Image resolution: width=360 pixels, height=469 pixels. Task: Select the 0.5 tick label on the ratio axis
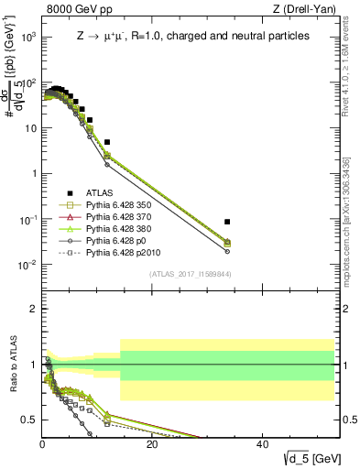29,420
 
